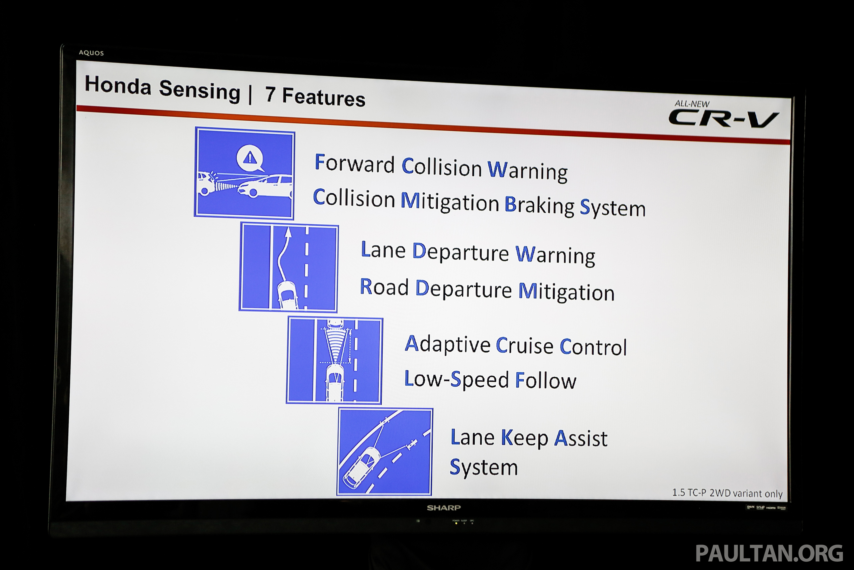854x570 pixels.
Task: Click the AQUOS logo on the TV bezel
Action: point(91,53)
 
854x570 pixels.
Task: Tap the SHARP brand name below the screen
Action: point(444,508)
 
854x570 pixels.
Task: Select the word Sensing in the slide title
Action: point(200,90)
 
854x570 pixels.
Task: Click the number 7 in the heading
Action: point(270,94)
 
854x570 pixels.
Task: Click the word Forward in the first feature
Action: point(354,164)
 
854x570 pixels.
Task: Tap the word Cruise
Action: point(525,346)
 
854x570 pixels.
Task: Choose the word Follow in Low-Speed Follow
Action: point(546,381)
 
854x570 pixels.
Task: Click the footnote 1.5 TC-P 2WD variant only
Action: point(727,493)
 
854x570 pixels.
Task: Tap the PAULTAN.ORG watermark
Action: point(769,554)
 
